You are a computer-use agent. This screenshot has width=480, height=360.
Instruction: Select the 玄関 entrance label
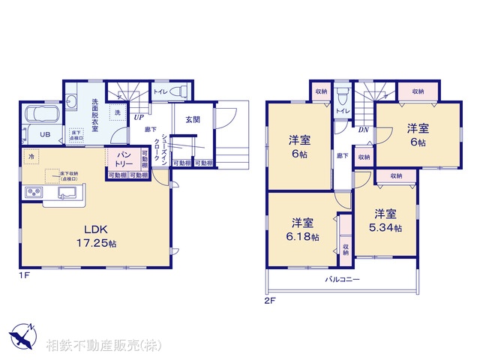pos(192,119)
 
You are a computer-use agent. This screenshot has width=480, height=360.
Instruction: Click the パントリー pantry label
pos(124,159)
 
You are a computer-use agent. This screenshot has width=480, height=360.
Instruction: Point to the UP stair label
pos(139,117)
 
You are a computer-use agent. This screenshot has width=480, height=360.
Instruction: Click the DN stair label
pos(363,130)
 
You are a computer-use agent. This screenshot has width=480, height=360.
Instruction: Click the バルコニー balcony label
pos(342,279)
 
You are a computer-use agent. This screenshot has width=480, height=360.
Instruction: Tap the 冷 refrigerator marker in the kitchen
pos(31,156)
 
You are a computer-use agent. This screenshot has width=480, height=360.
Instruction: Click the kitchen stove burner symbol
pos(35,193)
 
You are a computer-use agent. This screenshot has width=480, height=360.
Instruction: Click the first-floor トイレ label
pos(160,91)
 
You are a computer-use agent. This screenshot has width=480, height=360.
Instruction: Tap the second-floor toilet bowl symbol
pos(342,95)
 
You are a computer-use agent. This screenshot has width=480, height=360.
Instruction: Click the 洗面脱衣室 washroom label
pos(95,115)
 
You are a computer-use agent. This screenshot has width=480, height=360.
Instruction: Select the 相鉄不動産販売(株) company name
pos(103,346)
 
